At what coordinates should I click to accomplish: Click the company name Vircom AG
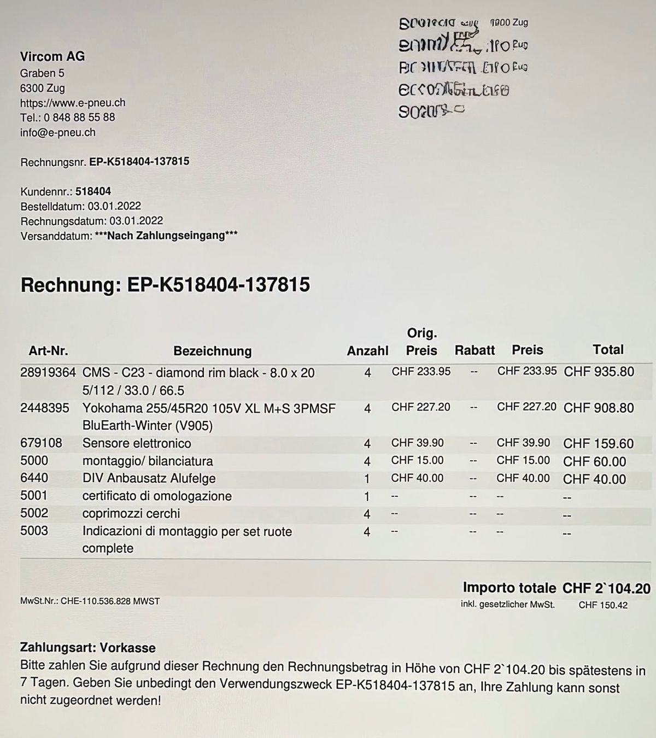(52, 56)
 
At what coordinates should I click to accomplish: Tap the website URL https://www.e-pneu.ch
(73, 103)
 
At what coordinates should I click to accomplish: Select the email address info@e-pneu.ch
(58, 132)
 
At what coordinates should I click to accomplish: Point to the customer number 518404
(93, 191)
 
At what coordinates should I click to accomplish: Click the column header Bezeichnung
(213, 351)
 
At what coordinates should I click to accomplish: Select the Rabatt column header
(475, 350)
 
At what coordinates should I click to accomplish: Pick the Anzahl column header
(367, 351)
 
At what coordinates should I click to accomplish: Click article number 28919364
(48, 373)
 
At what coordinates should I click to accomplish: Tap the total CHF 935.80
(599, 372)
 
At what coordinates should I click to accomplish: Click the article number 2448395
(45, 408)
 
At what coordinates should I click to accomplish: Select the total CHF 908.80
(599, 408)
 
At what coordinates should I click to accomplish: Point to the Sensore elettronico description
(137, 443)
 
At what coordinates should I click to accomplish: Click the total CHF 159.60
(599, 443)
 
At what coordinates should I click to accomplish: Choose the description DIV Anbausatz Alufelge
(149, 478)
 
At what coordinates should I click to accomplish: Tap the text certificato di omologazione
(157, 496)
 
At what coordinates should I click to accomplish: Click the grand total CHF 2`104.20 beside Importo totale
(606, 588)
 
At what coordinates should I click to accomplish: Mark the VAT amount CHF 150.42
(603, 605)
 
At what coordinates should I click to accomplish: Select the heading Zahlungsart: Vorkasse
(88, 648)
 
